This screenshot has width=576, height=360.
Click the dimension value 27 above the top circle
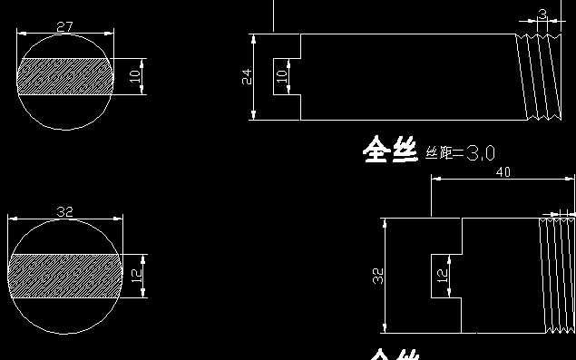click(x=64, y=27)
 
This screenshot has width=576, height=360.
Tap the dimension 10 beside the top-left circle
click(x=136, y=77)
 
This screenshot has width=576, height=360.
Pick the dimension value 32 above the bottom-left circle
click(x=64, y=211)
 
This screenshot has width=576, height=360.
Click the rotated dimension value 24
click(x=246, y=77)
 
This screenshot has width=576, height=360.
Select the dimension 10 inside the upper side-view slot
click(x=280, y=76)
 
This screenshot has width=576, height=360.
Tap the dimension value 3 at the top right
click(x=542, y=15)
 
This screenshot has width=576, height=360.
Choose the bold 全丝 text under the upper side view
click(x=390, y=150)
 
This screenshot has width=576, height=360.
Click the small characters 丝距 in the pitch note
click(x=439, y=152)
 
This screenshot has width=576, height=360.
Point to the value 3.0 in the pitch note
click(x=479, y=152)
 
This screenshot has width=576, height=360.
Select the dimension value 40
click(x=504, y=171)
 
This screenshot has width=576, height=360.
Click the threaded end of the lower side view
click(x=557, y=275)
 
